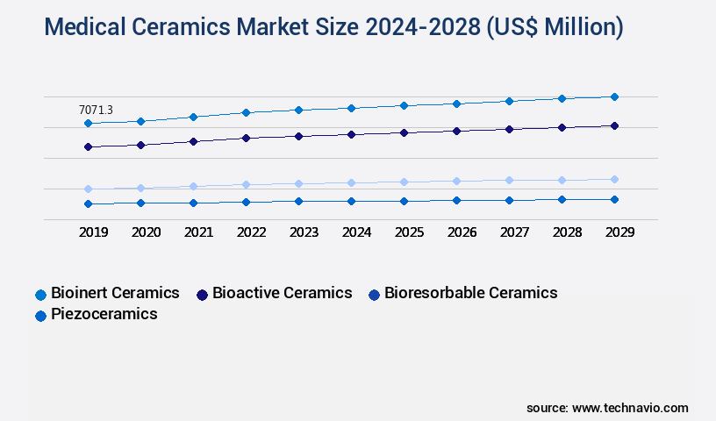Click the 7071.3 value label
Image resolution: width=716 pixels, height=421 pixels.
point(96,110)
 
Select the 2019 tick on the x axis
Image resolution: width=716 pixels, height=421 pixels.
point(94,232)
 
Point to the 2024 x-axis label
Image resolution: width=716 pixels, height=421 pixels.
point(357,232)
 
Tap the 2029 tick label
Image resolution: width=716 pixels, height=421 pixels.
point(619,232)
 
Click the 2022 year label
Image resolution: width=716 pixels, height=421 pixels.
point(252,232)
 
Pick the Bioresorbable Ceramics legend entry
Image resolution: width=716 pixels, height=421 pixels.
point(462,293)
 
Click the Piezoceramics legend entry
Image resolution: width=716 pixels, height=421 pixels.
point(97,314)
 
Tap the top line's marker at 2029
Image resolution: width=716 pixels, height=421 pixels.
point(614,96)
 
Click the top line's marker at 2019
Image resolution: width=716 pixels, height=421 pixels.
point(88,124)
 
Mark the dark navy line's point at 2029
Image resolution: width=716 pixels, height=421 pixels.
point(614,125)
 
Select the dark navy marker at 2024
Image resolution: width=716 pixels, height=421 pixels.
point(351,134)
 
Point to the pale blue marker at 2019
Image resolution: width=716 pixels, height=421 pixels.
point(88,189)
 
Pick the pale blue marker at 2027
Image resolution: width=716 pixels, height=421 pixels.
point(509,180)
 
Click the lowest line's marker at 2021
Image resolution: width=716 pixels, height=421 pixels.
point(193,203)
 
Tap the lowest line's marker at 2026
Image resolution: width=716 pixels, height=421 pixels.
point(456,200)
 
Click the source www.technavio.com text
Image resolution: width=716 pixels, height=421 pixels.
point(607,408)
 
